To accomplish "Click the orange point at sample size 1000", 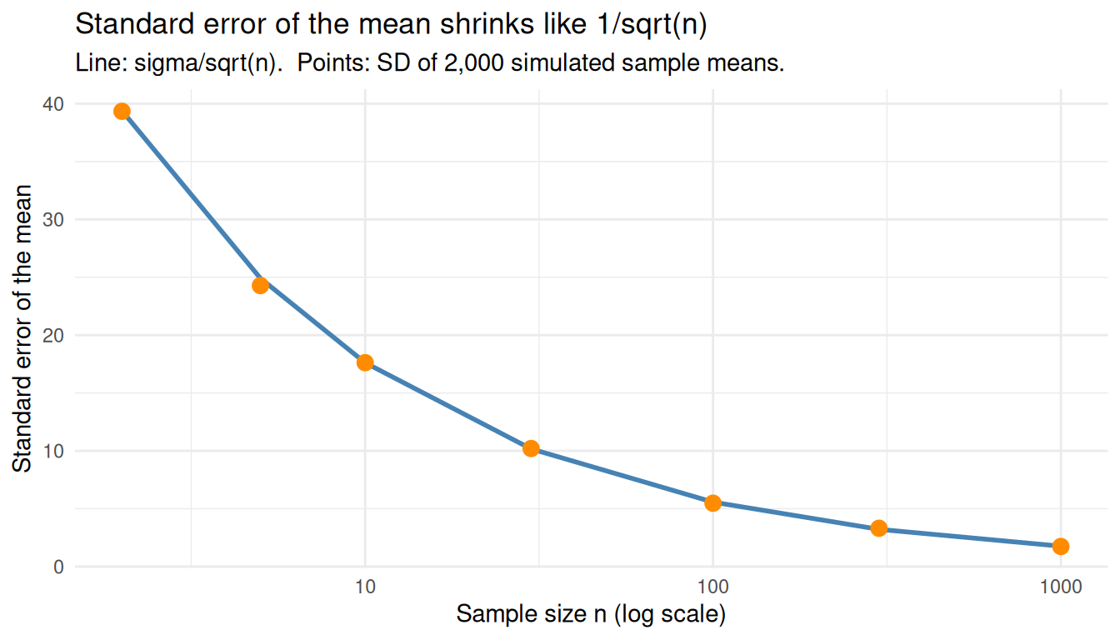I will pos(1060,546).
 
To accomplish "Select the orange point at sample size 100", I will pos(712,502).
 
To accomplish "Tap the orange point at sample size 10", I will pos(365,362).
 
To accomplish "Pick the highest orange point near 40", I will pos(122,112).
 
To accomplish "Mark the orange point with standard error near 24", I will pos(260,285).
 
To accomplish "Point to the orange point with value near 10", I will pos(531,448).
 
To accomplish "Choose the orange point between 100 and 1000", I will pos(878,528).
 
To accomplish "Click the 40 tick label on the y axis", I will pos(56,104).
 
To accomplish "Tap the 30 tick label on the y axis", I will pos(56,220).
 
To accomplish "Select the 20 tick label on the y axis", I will pos(56,336).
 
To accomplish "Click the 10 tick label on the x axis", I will pos(365,587).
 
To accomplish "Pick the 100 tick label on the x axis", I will pos(712,587).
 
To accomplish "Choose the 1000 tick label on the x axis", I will pos(1060,587).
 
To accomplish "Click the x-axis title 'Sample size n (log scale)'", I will pos(591,615).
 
